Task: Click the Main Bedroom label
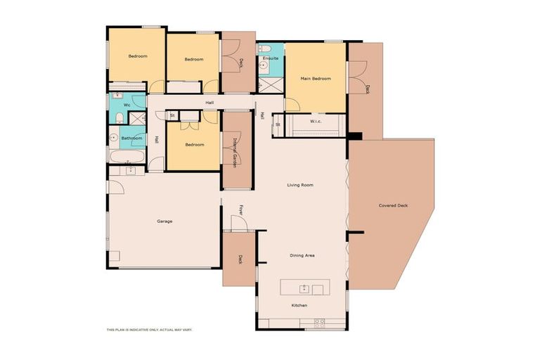pos(316,78)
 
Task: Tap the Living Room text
pos(300,186)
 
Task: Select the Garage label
pos(165,221)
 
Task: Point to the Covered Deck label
pos(393,205)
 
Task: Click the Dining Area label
pos(302,255)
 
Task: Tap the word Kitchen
pos(300,305)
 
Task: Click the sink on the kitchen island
pos(304,288)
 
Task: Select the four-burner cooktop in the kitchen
pos(319,323)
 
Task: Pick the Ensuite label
pos(271,58)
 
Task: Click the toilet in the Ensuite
pos(264,49)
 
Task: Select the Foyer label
pos(241,209)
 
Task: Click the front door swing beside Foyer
pos(240,223)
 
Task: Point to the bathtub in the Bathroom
pos(127,154)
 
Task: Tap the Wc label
pos(127,105)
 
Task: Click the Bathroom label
pos(131,138)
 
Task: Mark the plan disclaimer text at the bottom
pos(149,329)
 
